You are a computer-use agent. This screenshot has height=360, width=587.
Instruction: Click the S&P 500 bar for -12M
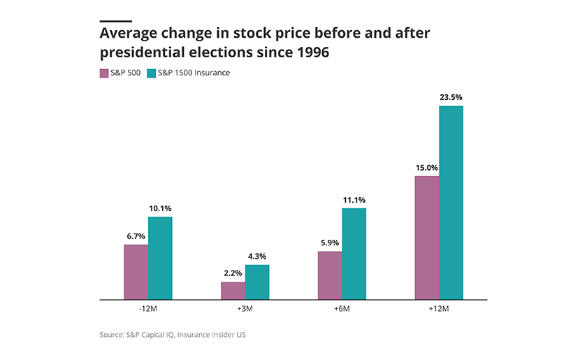[136, 272]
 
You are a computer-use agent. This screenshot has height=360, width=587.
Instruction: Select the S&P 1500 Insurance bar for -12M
[160, 258]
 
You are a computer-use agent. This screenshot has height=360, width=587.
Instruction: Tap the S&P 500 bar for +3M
[233, 291]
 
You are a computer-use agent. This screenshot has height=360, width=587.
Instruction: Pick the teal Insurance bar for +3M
[257, 282]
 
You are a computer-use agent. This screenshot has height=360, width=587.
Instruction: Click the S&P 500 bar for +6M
[330, 275]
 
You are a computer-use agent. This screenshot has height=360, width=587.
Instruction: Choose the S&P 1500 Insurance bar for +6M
[354, 254]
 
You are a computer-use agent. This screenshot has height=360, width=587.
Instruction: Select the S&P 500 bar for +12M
[427, 238]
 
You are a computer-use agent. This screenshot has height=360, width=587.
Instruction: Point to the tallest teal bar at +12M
[451, 203]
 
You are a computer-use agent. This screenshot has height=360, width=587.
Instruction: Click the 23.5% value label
[451, 97]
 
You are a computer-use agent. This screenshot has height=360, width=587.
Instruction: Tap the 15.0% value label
[427, 168]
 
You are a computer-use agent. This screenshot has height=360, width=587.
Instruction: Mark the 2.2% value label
[233, 273]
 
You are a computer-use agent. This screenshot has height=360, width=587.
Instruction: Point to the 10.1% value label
[160, 208]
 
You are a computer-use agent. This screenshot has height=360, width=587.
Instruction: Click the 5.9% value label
[330, 243]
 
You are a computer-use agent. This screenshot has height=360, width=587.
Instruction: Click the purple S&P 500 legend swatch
[104, 73]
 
